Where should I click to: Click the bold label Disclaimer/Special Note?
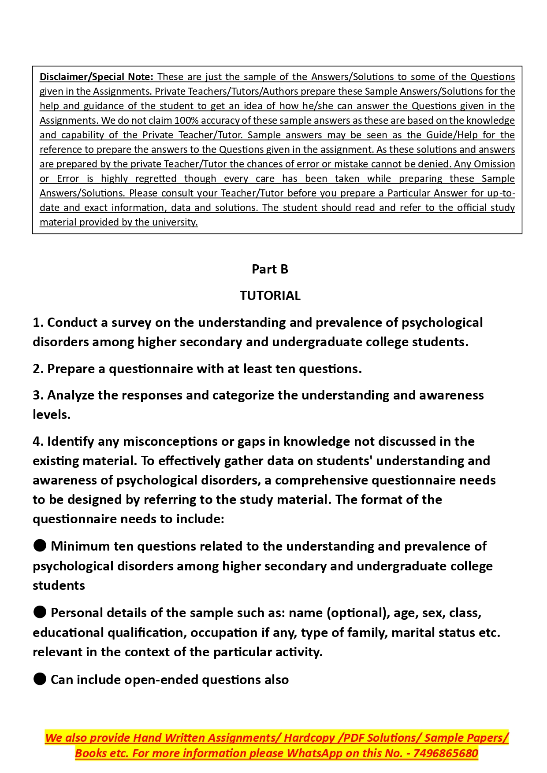96,77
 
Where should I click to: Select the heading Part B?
270,269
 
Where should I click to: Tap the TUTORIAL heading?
270,296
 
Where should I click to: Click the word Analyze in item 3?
71,396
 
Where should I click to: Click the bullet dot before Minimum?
40,546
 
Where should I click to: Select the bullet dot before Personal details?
40,612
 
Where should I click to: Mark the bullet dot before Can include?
40,679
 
